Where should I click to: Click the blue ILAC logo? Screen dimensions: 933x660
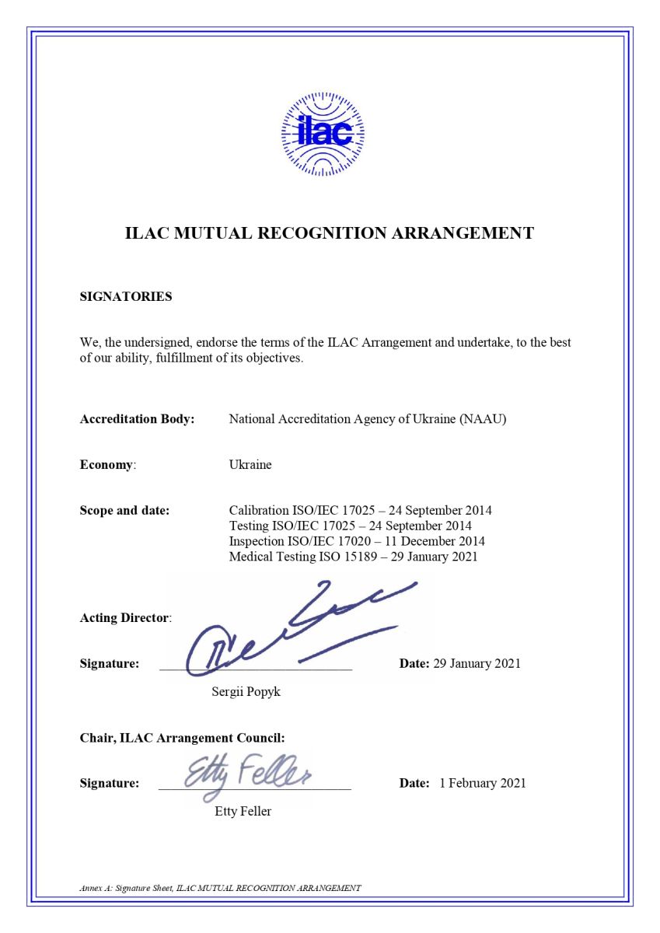pos(323,134)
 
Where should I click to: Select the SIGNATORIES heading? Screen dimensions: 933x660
pos(126,296)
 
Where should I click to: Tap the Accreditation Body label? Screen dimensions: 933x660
pos(137,419)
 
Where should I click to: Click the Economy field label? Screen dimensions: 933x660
pos(107,465)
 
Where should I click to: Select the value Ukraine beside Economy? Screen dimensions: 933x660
pos(250,465)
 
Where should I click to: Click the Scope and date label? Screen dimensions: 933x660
pos(124,511)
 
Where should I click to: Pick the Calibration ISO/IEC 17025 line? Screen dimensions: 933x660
pos(360,511)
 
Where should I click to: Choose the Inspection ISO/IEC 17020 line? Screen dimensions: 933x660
pos(357,541)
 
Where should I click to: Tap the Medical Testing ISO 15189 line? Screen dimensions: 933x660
pos(353,557)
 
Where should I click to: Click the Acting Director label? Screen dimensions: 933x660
pos(125,618)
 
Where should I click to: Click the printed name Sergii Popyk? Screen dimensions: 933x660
pos(246,691)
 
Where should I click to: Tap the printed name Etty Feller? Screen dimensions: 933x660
pos(243,812)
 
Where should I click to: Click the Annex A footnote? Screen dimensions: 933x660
pos(220,887)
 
